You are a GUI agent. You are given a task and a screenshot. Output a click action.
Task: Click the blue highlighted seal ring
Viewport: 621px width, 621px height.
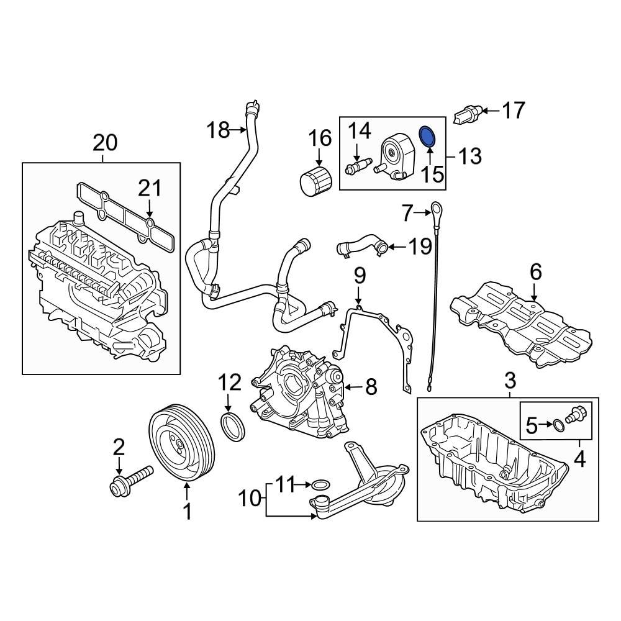coord(428,137)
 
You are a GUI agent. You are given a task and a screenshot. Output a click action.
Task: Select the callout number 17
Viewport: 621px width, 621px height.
coord(514,111)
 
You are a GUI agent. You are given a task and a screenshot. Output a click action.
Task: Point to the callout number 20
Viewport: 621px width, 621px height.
coord(105,143)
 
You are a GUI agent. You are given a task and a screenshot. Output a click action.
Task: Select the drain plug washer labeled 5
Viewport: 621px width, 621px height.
coord(559,425)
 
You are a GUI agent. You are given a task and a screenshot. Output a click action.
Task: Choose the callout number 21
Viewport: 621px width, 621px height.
coord(150,188)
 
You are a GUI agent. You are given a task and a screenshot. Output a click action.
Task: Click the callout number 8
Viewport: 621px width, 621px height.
coord(370,388)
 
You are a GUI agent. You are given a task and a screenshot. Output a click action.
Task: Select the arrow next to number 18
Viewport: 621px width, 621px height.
coord(240,130)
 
